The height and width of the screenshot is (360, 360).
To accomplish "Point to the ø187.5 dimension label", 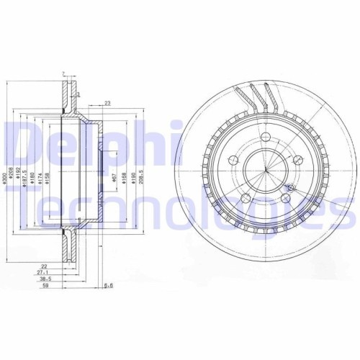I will click(x=26, y=180).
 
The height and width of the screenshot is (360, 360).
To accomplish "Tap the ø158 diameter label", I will click(x=48, y=180).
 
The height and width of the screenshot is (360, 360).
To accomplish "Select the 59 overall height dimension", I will click(x=46, y=287).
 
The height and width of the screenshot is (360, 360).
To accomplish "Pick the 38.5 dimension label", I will click(x=46, y=279).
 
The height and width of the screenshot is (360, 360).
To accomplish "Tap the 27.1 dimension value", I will click(x=46, y=273).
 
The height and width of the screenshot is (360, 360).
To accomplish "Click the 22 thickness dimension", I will click(x=46, y=266).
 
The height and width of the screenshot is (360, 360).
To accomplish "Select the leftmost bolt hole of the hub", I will click(x=233, y=159).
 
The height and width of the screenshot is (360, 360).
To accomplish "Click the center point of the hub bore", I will click(x=266, y=170).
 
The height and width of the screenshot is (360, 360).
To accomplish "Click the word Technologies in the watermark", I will click(x=173, y=210).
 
